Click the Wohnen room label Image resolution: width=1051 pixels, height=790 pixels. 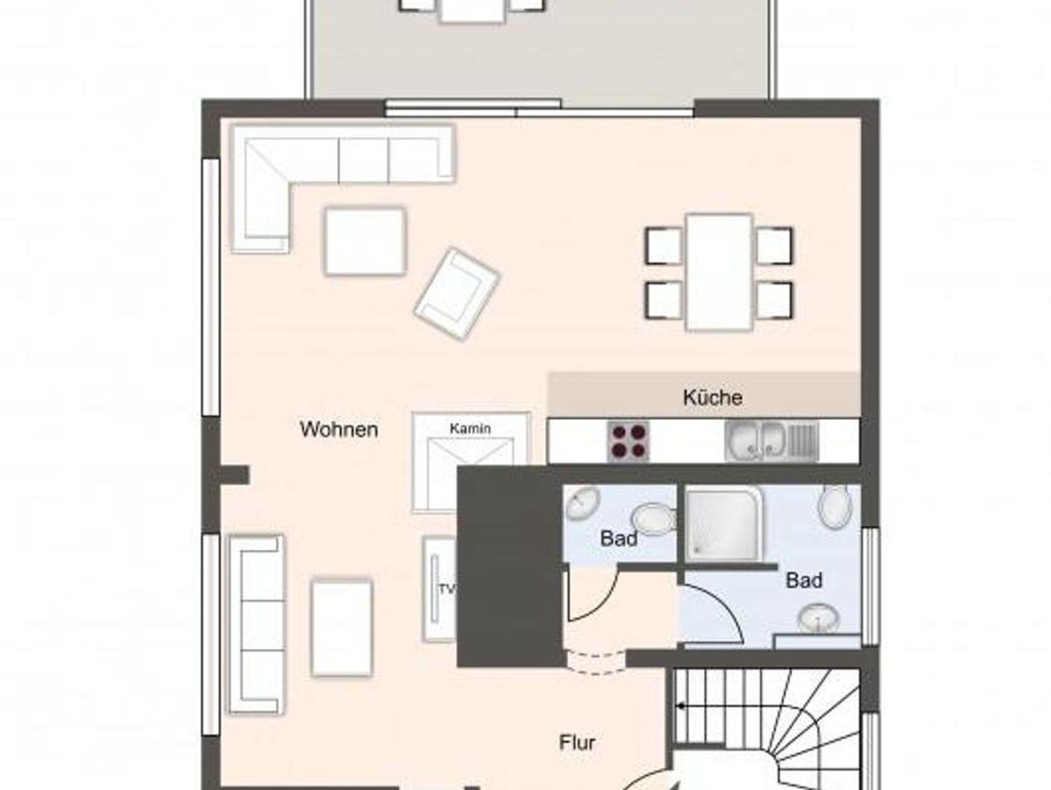point(339,429)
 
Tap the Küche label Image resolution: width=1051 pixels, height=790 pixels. point(713,397)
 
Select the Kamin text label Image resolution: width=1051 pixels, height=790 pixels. point(470,428)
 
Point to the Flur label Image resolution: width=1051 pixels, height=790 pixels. point(577,742)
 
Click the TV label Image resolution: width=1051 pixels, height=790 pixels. point(447,589)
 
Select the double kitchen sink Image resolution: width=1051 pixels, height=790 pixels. point(771,441)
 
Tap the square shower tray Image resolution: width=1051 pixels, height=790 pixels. point(724,524)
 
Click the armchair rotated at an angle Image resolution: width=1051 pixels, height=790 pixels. point(457,294)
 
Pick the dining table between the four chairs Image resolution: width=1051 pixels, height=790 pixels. point(719,272)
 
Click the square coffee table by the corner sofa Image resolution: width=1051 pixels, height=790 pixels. point(365,241)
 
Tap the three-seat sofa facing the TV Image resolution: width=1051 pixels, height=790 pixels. point(256,624)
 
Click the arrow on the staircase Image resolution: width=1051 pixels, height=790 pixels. point(681,706)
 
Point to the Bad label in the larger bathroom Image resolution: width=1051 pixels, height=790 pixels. point(804,580)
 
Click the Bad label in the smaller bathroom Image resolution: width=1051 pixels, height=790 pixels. point(619,538)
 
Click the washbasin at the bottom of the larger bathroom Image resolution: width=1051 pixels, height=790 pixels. point(819,618)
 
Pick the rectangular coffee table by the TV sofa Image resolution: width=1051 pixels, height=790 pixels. point(341,628)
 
